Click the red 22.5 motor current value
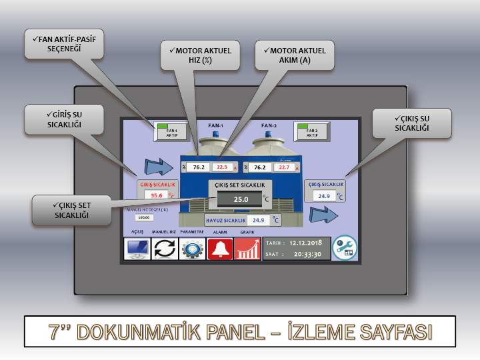click(x=222, y=167)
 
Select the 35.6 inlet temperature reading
click(x=157, y=195)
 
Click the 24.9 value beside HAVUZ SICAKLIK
click(x=259, y=219)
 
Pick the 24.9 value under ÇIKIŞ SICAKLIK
click(x=324, y=196)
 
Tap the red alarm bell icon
click(x=220, y=249)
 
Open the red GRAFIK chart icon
click(x=247, y=249)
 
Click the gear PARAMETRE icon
click(x=193, y=249)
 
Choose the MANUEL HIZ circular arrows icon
click(x=165, y=249)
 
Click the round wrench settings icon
click(x=345, y=248)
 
